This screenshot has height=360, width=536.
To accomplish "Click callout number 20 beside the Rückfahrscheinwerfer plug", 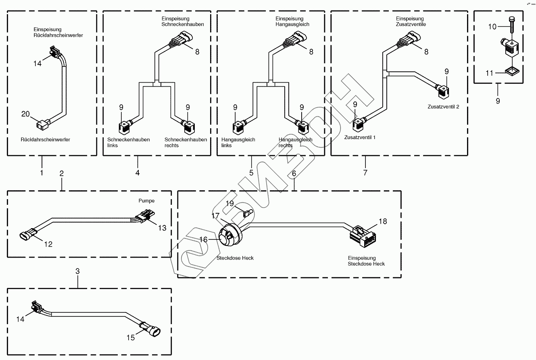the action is pos(25,114).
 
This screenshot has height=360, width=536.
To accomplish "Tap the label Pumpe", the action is pos(146,201).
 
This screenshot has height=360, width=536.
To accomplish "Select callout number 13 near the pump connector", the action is pos(162,228).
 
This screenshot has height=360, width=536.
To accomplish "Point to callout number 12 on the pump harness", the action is pos(48,244).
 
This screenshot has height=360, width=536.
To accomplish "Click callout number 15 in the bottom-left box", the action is pos(131,337).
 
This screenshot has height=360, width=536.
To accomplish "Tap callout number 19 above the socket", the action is pos(230,204).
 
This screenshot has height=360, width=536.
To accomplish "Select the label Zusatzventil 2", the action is pos(443,107).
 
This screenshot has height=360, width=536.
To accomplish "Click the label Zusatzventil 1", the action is pos(360,137).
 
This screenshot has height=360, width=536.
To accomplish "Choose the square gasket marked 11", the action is pos(512,71).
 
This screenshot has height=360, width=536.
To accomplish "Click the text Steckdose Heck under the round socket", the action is pos(235,258).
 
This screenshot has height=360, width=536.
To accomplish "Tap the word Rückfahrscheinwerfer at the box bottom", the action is pos(45,139).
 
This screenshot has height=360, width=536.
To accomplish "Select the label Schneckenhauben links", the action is pos(129,142).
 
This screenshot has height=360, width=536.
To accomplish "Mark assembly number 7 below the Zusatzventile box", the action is pos(365,173).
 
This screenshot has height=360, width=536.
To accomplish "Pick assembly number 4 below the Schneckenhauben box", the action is pos(138,173).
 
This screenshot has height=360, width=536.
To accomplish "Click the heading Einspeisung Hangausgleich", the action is pos(292,21).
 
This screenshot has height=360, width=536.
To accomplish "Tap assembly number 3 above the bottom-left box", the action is pos(77,271).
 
